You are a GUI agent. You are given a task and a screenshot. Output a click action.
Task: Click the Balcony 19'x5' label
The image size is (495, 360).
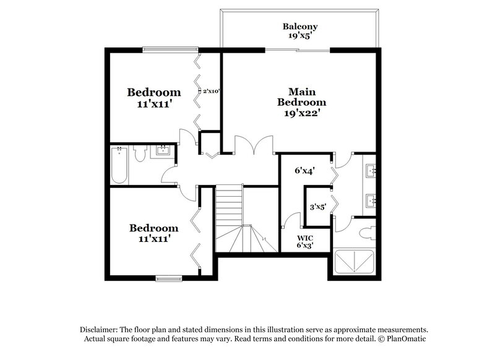[x=300, y=31]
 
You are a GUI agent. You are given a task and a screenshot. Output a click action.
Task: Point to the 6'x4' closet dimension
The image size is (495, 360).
[x=303, y=171]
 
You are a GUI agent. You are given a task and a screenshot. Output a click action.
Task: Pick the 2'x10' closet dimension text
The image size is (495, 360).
[x=212, y=91]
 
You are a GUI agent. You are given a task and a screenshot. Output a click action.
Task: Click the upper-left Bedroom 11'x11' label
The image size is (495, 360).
[x=154, y=98]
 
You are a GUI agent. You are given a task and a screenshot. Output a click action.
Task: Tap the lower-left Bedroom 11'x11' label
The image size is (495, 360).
[x=154, y=233]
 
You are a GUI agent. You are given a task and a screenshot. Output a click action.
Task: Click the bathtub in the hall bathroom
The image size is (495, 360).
[x=119, y=165]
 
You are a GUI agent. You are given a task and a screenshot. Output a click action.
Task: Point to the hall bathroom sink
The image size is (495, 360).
[x=164, y=150]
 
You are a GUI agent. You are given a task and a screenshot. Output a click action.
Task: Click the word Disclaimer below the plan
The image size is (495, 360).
[x=101, y=330]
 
